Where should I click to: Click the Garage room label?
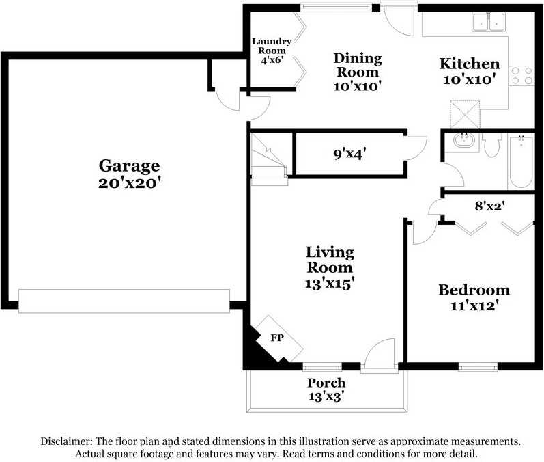129,165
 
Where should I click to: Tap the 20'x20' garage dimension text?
129,183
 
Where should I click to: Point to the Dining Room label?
357,65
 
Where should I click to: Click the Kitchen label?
469,64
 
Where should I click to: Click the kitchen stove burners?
522,75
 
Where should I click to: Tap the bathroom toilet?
492,146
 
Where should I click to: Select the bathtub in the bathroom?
521,161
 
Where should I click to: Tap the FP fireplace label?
277,338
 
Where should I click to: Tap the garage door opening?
124,301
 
